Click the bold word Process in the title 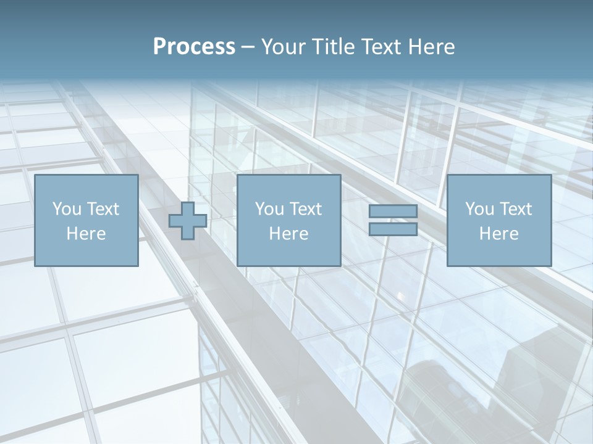pyautogui.click(x=194, y=47)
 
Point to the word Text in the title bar pyautogui.click(x=382, y=47)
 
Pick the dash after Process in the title pyautogui.click(x=248, y=47)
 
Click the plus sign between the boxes pyautogui.click(x=188, y=221)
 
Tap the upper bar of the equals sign pyautogui.click(x=393, y=212)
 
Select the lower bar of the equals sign pyautogui.click(x=393, y=229)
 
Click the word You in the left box pyautogui.click(x=66, y=209)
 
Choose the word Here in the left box pyautogui.click(x=86, y=234)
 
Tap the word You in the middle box pyautogui.click(x=269, y=209)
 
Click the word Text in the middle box pyautogui.click(x=305, y=209)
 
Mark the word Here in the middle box pyautogui.click(x=288, y=234)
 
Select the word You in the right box pyautogui.click(x=479, y=209)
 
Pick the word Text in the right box pyautogui.click(x=515, y=209)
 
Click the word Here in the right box pyautogui.click(x=498, y=234)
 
